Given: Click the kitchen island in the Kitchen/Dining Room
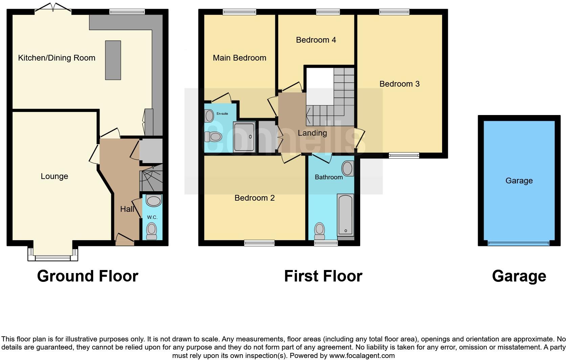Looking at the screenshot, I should [113, 60].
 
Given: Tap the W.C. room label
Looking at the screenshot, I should [152, 217].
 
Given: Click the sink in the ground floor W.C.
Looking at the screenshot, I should [154, 201].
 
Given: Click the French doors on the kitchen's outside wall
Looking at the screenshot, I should [52, 8].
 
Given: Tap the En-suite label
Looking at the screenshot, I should [222, 114].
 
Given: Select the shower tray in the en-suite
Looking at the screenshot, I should [244, 137].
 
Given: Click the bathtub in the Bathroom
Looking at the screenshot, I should [345, 215].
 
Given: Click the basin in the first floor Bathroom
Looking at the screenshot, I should [347, 168].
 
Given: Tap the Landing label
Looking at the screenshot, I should [312, 133].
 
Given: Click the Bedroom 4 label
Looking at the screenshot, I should [316, 40].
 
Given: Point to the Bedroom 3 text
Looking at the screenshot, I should [399, 84].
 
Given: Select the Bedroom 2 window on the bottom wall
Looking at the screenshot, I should [259, 243].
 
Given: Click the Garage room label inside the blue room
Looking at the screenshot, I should [519, 181].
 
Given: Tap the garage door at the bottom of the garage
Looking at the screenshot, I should [519, 243].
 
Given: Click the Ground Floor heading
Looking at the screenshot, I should [88, 276].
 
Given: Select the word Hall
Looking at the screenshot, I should [127, 209].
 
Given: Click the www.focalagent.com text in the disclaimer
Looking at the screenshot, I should [362, 356].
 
